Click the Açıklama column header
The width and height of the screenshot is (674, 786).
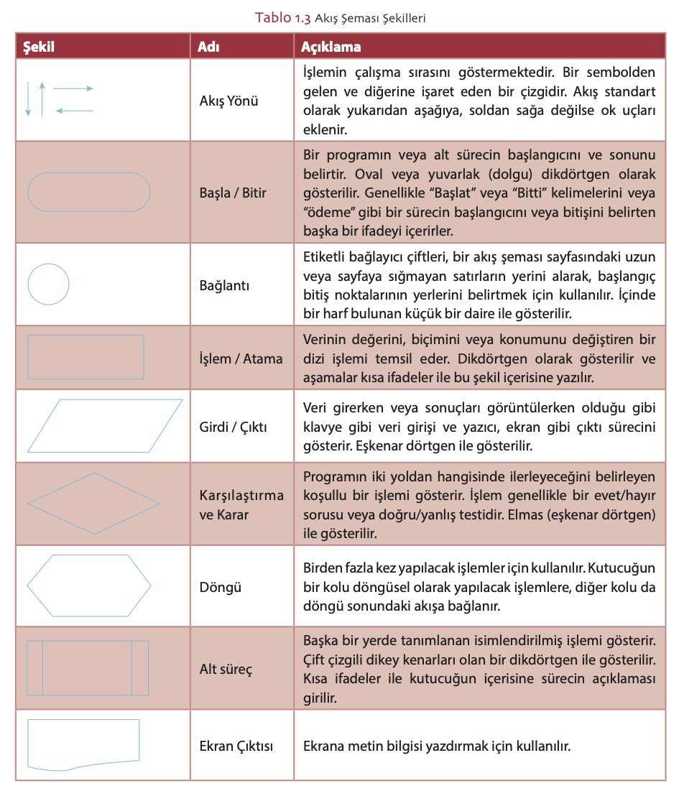click(331, 47)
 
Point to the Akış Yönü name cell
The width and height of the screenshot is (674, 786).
click(228, 101)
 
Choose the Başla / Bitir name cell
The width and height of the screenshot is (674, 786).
click(233, 193)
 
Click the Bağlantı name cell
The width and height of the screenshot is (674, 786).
click(224, 285)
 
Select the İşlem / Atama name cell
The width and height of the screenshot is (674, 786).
click(241, 359)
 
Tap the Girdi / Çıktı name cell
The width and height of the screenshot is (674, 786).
click(233, 427)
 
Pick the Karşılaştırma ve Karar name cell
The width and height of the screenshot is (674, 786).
click(241, 504)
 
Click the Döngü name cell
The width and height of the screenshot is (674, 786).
click(220, 587)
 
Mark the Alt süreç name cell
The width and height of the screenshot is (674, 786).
click(226, 670)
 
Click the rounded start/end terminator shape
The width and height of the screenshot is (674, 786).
click(89, 192)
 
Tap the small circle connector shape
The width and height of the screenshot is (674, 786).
click(49, 285)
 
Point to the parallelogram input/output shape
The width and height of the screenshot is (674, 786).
click(105, 425)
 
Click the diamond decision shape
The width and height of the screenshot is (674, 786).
click(94, 503)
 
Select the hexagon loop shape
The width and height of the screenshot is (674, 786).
click(89, 586)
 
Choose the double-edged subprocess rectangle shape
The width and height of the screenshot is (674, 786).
click(88, 667)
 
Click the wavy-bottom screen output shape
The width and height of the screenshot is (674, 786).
click(83, 742)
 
